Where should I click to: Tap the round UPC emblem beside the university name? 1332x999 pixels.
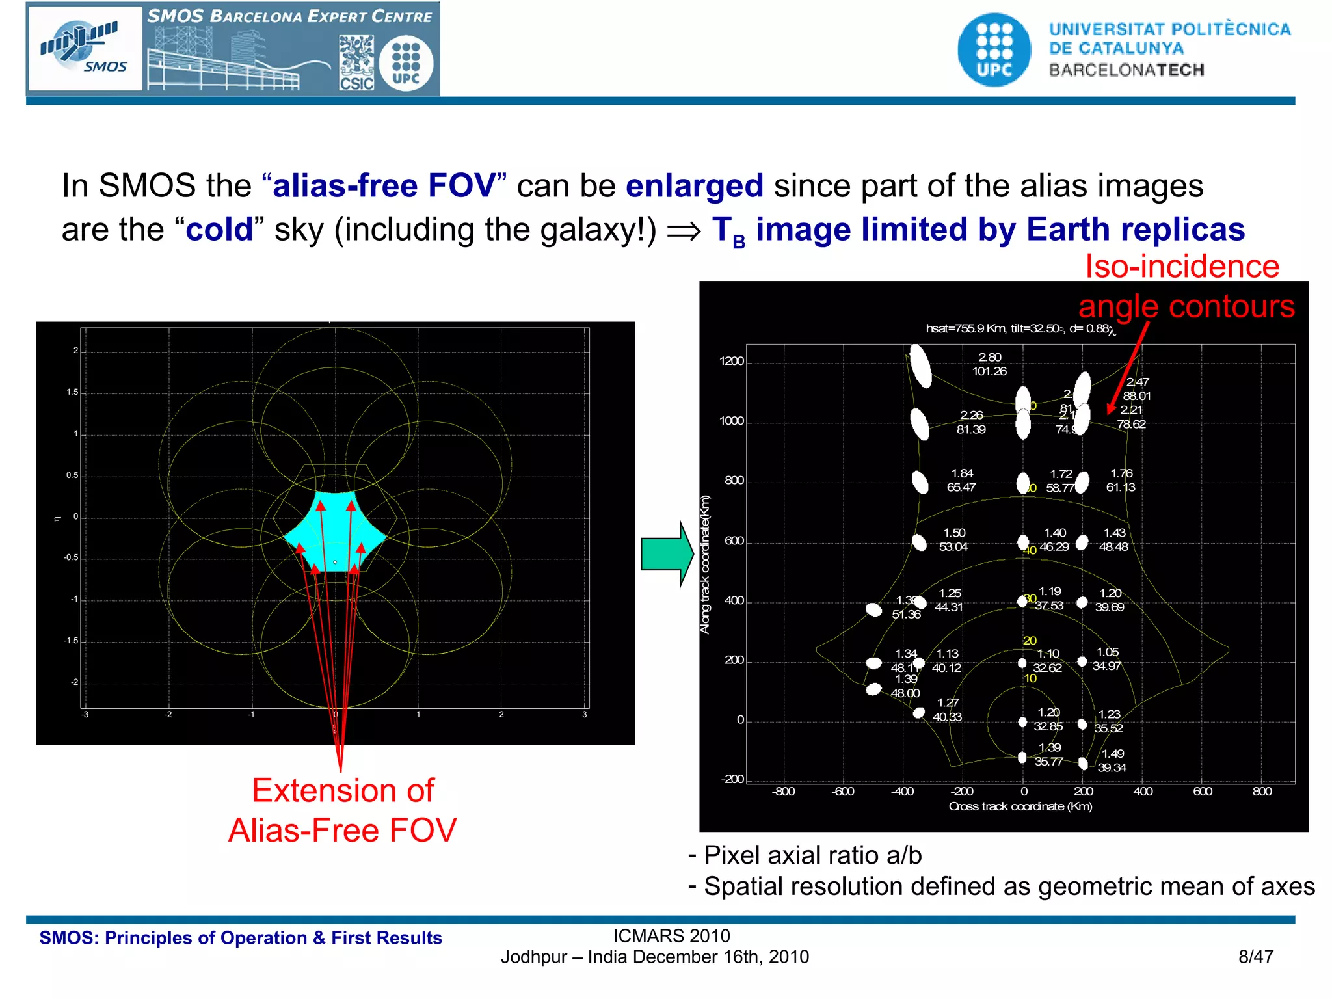pos(994,50)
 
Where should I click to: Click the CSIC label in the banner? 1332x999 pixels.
pos(356,83)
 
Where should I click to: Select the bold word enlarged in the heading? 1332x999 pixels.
pos(694,186)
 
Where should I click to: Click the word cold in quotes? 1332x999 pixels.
pos(219,230)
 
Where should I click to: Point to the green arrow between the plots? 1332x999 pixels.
pos(667,553)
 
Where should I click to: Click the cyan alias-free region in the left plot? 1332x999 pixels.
pos(335,530)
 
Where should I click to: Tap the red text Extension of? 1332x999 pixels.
pos(343,791)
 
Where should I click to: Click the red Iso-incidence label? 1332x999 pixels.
pos(1182,267)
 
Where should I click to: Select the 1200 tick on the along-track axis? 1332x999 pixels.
pos(731,362)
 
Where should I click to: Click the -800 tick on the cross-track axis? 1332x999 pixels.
pos(783,792)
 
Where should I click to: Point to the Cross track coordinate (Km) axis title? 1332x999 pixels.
pos(1020,806)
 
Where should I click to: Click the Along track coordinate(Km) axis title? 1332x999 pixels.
pos(705,565)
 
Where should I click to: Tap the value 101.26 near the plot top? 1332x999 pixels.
pos(989,371)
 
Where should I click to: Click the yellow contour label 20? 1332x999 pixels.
pos(1030,641)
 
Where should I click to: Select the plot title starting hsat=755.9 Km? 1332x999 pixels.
pos(1020,329)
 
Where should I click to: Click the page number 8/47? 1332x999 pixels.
pos(1255,957)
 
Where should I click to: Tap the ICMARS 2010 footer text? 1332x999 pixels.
pos(671,936)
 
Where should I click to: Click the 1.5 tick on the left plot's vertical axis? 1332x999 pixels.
pos(72,392)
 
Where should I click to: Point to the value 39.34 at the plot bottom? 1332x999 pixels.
pos(1112,768)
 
